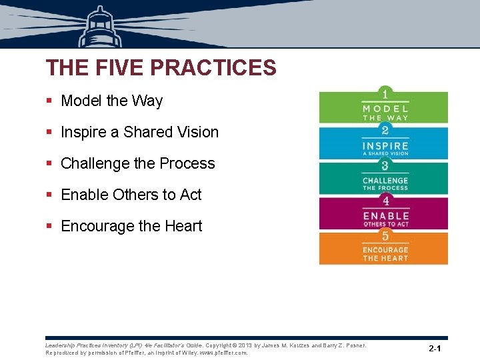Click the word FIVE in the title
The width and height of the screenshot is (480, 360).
118,68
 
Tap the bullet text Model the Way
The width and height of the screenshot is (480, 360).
111,101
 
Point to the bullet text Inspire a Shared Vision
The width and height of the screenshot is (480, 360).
139,132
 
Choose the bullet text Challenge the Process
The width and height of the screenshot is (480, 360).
137,163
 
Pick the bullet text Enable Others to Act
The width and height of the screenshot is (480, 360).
131,195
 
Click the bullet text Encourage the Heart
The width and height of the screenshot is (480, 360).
131,226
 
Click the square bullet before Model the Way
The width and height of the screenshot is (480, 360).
49,101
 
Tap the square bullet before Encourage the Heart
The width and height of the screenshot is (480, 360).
49,227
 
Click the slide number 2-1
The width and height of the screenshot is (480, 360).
435,349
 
